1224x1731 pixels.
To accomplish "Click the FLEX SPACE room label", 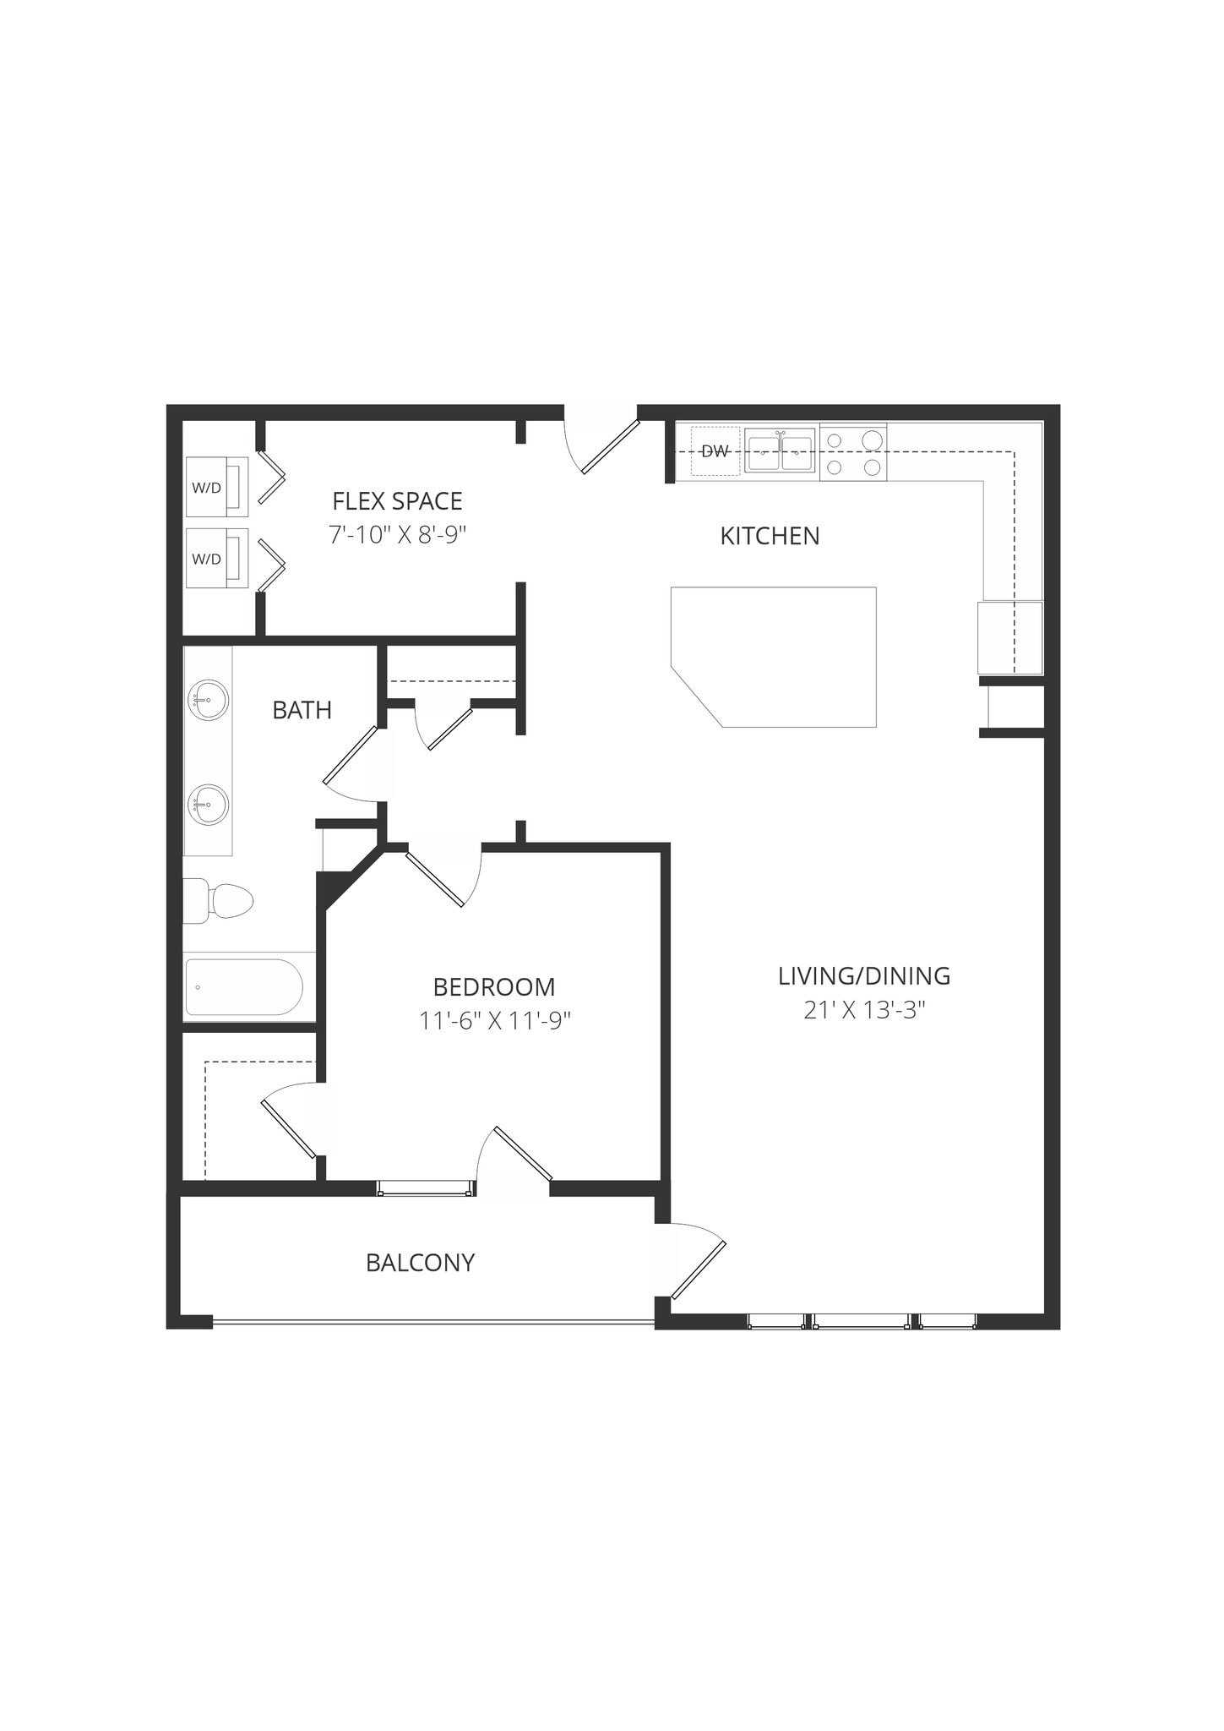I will point(397,501).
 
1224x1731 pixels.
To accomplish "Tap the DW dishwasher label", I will point(715,451).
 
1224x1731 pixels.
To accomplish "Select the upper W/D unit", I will point(216,487).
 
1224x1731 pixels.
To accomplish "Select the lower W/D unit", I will point(216,558).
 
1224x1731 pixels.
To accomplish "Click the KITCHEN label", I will point(770,536).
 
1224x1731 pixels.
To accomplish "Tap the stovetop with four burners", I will point(853,453).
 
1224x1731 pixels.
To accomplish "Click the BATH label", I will point(302,710).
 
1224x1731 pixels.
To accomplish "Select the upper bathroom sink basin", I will point(208,700).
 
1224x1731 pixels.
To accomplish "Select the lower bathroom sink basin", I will point(208,805).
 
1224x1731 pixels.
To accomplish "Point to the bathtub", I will point(244,987).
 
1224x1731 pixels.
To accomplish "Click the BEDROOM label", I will point(494,986).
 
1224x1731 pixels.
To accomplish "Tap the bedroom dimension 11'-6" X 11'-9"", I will point(495,1021).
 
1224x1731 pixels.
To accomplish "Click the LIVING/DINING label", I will point(864,975).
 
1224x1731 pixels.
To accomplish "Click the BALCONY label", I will point(420,1263).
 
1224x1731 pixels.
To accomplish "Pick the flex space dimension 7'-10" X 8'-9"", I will point(398,535).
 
